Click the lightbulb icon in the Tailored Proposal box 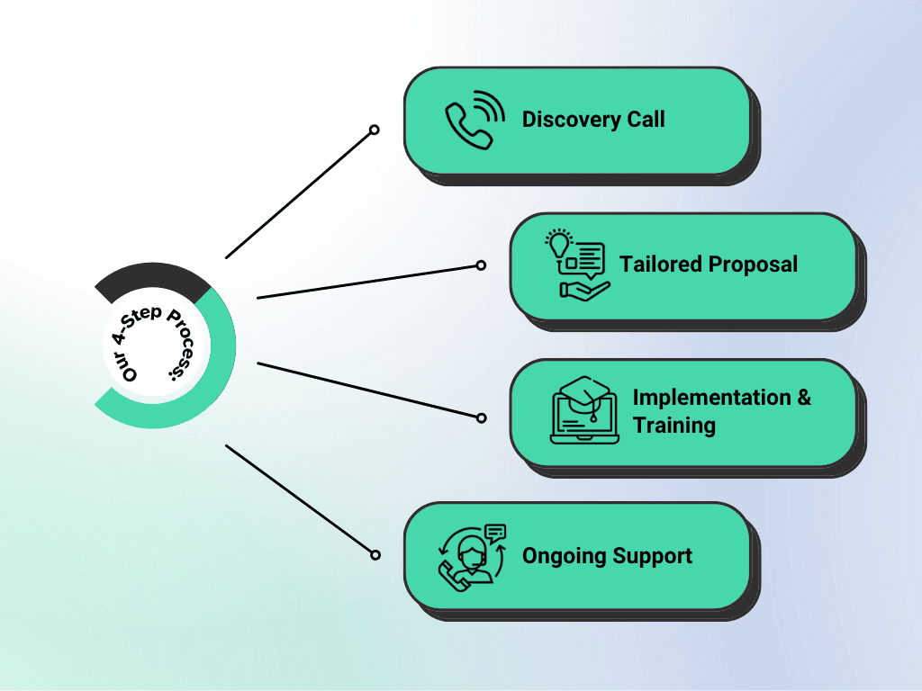click(560, 244)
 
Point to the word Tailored click(660, 265)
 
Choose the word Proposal click(753, 265)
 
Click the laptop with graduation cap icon click(584, 410)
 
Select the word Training click(674, 425)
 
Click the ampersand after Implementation click(803, 398)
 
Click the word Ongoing click(564, 556)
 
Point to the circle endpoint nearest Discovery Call click(375, 130)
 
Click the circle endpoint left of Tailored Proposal click(481, 265)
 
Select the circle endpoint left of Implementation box click(481, 417)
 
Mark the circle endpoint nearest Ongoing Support click(375, 554)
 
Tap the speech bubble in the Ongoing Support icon click(494, 532)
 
